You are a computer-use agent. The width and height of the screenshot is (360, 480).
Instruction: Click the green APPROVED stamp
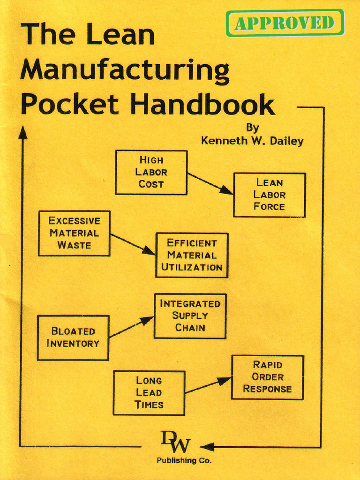(285, 22)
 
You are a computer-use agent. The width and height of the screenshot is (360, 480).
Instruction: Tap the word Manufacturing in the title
(125, 70)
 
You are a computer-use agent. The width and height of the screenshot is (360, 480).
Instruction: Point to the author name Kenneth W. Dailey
(252, 141)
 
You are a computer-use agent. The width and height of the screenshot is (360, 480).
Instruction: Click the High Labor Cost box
(151, 172)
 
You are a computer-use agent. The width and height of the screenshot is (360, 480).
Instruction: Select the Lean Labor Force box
(269, 195)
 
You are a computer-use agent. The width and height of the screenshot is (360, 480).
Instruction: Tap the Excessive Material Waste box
(74, 233)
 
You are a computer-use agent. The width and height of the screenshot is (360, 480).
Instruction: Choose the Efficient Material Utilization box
(192, 255)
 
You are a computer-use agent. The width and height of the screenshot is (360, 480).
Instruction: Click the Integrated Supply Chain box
(190, 315)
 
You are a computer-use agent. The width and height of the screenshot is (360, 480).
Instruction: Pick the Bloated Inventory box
(73, 337)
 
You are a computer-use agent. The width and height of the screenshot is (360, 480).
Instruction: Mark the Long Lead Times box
(149, 393)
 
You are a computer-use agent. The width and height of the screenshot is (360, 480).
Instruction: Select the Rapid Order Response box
(267, 377)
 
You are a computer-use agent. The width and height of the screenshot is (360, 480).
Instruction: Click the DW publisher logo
(176, 442)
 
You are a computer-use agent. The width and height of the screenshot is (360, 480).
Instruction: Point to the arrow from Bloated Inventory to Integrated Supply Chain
(131, 327)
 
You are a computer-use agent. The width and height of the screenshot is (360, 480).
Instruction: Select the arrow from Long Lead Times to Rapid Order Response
(208, 385)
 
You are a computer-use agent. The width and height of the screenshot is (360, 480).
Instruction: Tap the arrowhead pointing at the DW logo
(207, 446)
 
